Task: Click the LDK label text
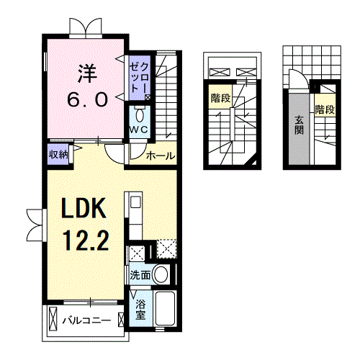[x=84, y=208]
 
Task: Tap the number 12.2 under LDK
[x=86, y=240]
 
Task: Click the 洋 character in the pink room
[x=87, y=73]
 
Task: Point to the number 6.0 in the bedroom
[x=87, y=100]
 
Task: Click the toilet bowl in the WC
[x=140, y=116]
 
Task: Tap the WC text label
[x=139, y=130]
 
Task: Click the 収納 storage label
[x=58, y=155]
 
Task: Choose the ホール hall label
[x=161, y=156]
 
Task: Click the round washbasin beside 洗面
[x=161, y=274]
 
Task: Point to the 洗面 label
[x=140, y=275]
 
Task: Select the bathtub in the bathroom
[x=165, y=308]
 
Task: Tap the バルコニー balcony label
[x=86, y=320]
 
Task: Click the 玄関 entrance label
[x=299, y=125]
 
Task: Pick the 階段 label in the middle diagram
[x=220, y=98]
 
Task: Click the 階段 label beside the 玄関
[x=325, y=109]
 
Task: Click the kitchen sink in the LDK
[x=136, y=202]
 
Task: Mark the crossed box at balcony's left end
[x=53, y=319]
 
